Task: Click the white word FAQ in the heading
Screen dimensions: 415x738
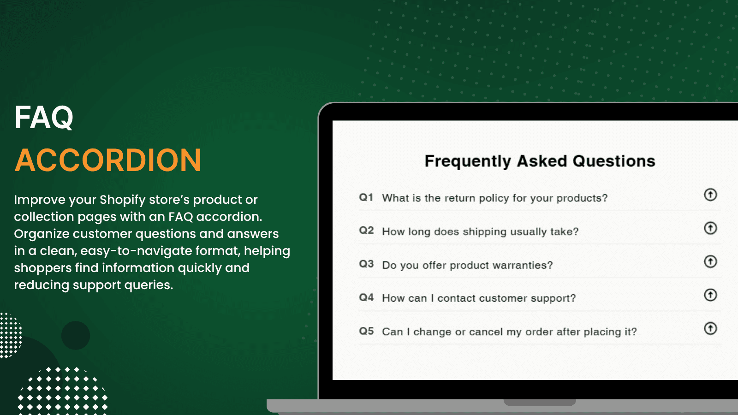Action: [x=44, y=118]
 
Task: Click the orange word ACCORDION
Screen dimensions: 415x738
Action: [x=108, y=160]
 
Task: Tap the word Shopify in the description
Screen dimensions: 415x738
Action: [x=122, y=200]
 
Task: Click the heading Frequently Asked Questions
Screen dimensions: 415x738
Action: [x=539, y=161]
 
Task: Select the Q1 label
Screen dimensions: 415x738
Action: [x=366, y=197]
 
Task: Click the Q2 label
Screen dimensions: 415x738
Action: [x=366, y=231]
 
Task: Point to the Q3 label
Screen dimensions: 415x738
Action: [x=366, y=264]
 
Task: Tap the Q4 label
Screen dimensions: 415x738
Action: [x=366, y=297]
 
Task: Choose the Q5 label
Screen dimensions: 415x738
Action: [x=366, y=331]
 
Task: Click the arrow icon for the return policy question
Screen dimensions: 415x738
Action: [x=710, y=195]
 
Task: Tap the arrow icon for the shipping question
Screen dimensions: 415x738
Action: [x=710, y=228]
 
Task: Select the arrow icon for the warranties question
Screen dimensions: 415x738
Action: [x=710, y=261]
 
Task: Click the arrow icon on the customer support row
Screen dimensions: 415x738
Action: [x=710, y=295]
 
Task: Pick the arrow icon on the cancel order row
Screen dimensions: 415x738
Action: [x=710, y=328]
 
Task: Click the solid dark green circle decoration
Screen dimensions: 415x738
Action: [x=76, y=335]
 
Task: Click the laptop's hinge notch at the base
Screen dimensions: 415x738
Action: [x=539, y=403]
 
